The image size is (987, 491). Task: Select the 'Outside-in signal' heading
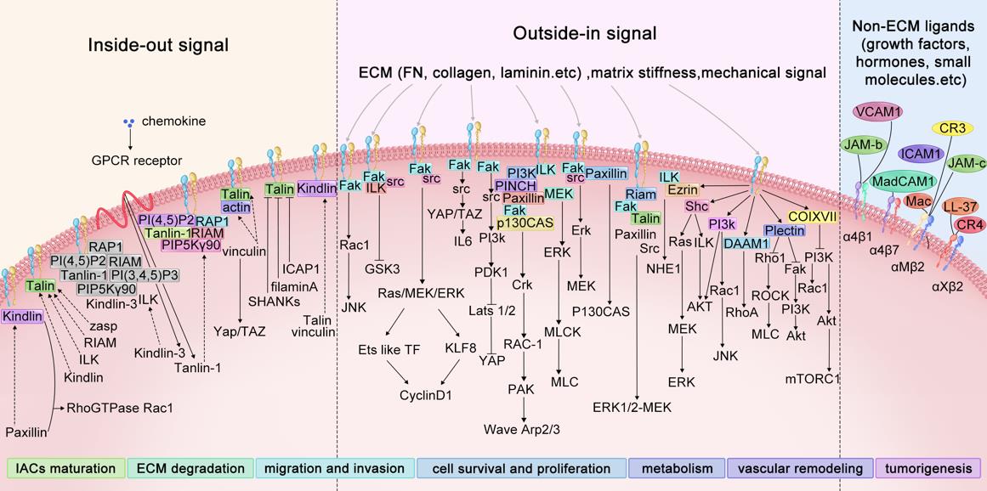585,34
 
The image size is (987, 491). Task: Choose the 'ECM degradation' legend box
192,468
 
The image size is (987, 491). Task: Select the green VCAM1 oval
879,112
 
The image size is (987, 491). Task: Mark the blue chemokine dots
128,122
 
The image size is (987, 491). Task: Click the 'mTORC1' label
814,378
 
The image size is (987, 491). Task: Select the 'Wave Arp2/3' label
523,429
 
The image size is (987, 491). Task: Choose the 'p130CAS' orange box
525,223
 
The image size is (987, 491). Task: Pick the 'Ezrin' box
684,189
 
